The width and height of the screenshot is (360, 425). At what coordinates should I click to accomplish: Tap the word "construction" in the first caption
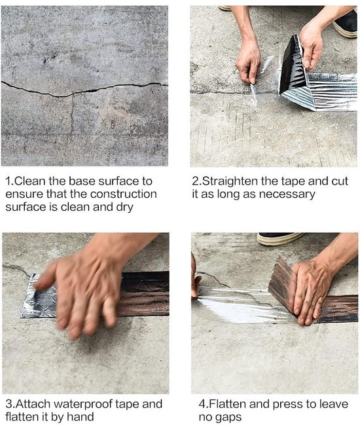point(123,194)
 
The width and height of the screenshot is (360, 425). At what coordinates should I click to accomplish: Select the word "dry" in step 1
point(125,208)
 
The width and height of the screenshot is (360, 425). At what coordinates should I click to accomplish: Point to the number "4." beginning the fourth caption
point(204,404)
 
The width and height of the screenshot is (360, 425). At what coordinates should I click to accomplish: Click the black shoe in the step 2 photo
point(345,24)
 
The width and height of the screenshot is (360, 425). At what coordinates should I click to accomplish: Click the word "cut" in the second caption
point(340,181)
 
